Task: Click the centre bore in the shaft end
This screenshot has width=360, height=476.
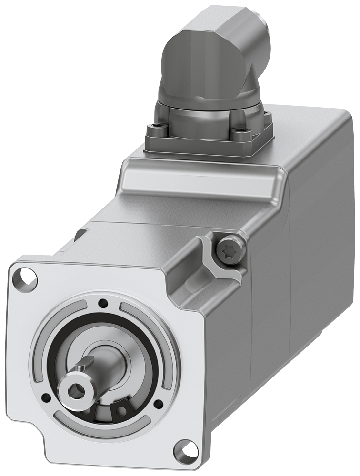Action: (x=75, y=391)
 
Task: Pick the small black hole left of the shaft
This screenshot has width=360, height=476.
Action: (x=46, y=397)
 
